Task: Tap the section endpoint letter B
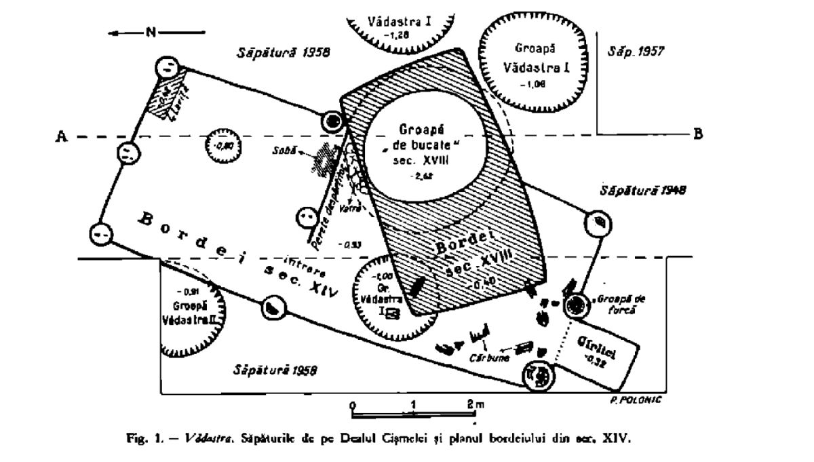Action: pos(697,134)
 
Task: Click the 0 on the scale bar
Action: pos(353,405)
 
